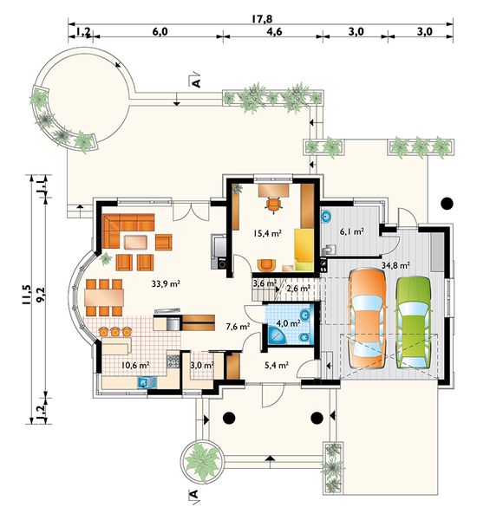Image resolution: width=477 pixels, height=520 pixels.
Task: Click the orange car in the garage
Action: pos(368,319)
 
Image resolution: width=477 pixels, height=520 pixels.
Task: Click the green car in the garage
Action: pos(414,322)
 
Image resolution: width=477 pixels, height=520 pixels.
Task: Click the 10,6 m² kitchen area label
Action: pos(135,365)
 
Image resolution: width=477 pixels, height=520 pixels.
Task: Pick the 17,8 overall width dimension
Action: pos(261,18)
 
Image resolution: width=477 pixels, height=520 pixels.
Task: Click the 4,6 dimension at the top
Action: pos(274,31)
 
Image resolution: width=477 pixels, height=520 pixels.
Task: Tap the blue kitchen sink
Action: pos(147,383)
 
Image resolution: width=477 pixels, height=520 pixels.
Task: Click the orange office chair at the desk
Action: pos(273,204)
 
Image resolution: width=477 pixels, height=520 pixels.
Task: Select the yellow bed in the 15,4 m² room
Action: pos(304,250)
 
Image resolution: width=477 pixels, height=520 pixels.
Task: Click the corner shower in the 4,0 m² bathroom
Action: pos(277,336)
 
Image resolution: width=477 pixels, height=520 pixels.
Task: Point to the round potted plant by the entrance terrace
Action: pos(201,461)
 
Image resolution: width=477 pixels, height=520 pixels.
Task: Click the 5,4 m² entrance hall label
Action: pos(276,365)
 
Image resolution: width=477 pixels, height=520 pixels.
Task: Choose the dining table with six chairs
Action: pos(104,297)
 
